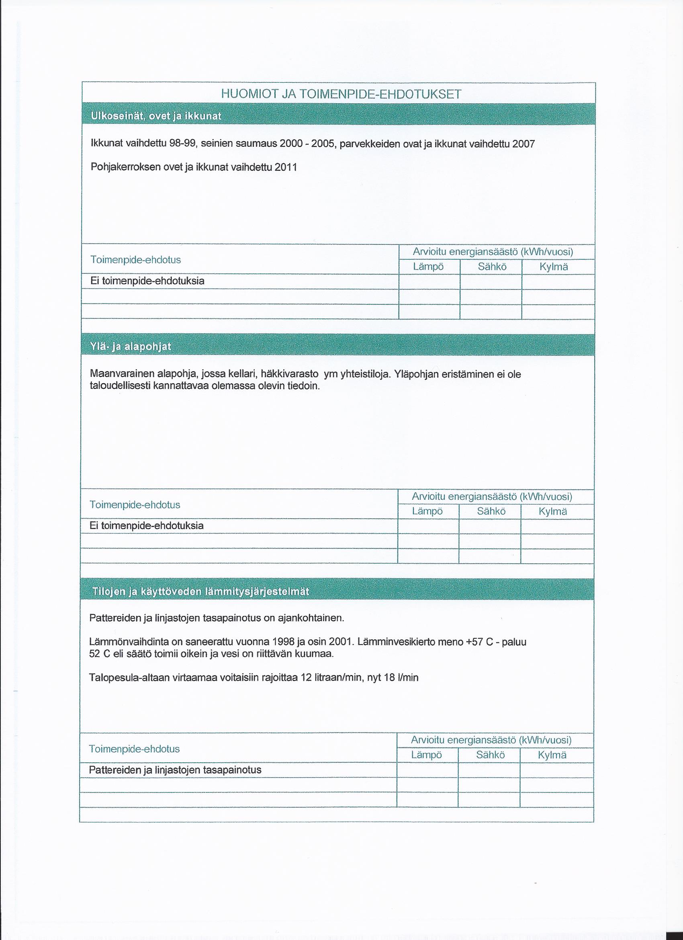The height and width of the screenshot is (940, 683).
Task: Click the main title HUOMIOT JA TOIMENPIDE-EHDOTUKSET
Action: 341,94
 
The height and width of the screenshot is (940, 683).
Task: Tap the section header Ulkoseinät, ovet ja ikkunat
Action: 156,116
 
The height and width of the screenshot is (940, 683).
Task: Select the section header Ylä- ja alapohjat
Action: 131,347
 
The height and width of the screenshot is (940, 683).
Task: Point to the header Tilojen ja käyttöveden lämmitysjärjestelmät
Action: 199,591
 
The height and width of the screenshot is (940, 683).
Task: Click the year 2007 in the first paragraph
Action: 523,144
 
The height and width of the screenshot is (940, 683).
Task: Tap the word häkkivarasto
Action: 290,374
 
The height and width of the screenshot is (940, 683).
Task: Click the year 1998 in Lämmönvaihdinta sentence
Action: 283,642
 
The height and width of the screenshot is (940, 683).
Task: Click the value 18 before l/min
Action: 389,677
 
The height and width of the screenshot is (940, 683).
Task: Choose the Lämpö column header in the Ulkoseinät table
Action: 428,267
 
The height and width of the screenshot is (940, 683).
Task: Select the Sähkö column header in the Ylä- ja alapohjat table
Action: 491,511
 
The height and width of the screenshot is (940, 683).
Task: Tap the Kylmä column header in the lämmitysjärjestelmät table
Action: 552,755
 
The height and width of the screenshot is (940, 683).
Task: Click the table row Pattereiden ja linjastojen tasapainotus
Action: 175,770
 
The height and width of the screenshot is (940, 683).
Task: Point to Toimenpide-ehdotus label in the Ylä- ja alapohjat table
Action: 135,505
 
